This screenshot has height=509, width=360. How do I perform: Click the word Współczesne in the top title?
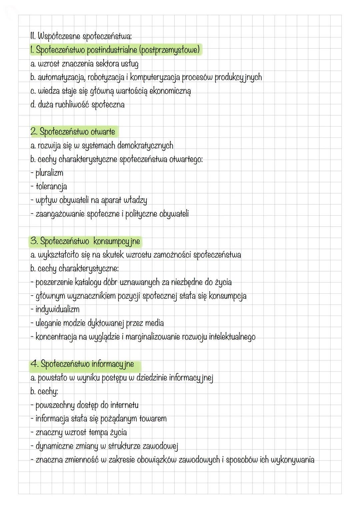point(58,36)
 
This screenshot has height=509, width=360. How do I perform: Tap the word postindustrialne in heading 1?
point(112,50)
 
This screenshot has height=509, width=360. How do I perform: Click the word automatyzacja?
point(62,77)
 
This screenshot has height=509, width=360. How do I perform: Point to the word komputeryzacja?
point(155,77)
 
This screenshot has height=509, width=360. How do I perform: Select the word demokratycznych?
point(145,146)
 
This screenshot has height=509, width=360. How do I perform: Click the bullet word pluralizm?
point(49,173)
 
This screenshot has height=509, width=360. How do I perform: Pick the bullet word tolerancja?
point(51,187)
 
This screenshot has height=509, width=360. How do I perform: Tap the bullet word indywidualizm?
point(57,309)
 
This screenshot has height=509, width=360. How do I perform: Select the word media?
point(154,323)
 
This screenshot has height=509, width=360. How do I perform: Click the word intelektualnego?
point(232,337)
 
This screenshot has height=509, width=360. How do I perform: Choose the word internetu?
point(124,405)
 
